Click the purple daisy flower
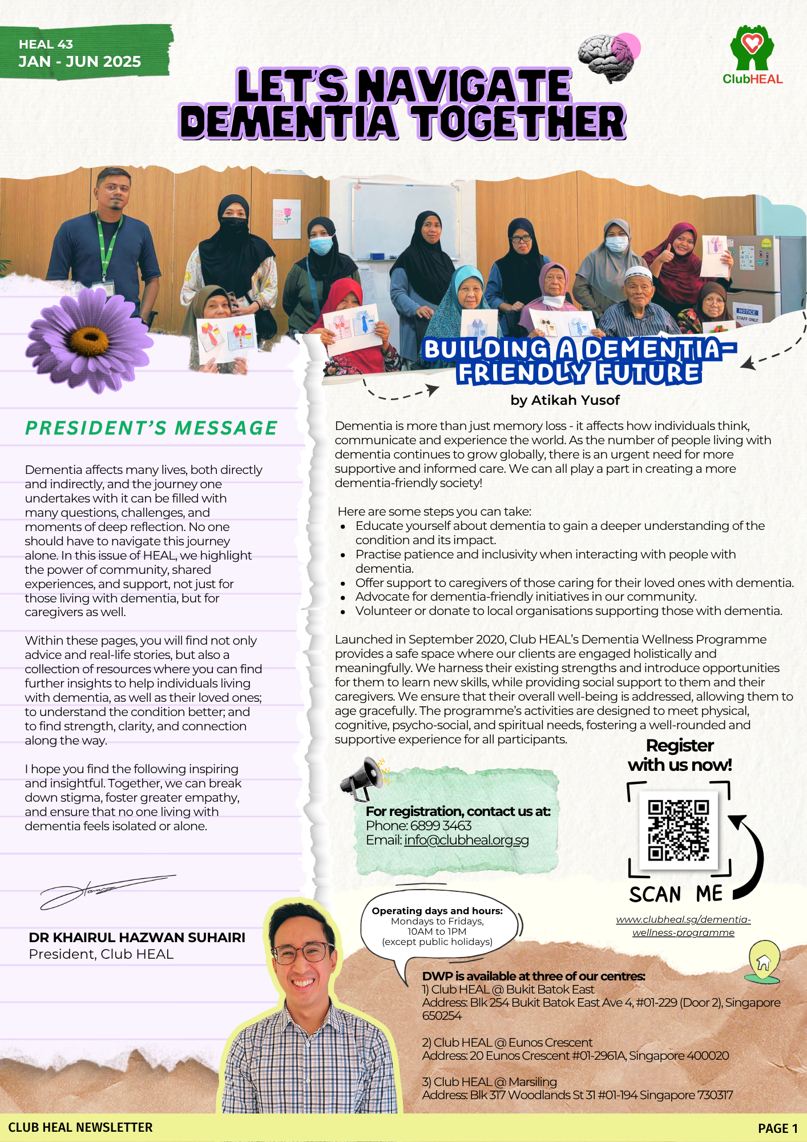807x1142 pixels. tap(89, 340)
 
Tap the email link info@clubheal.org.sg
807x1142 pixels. tap(466, 840)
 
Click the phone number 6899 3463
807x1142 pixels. tap(441, 826)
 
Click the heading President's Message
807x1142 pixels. tap(151, 428)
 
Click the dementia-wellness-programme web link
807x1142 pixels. tap(683, 926)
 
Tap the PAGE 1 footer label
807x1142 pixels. tap(777, 1128)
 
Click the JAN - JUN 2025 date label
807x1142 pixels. tap(79, 62)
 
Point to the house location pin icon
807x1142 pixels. tap(764, 962)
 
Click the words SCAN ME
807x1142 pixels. tap(676, 894)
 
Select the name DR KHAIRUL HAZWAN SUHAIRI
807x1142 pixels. tap(137, 938)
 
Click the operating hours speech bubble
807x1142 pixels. tap(437, 926)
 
